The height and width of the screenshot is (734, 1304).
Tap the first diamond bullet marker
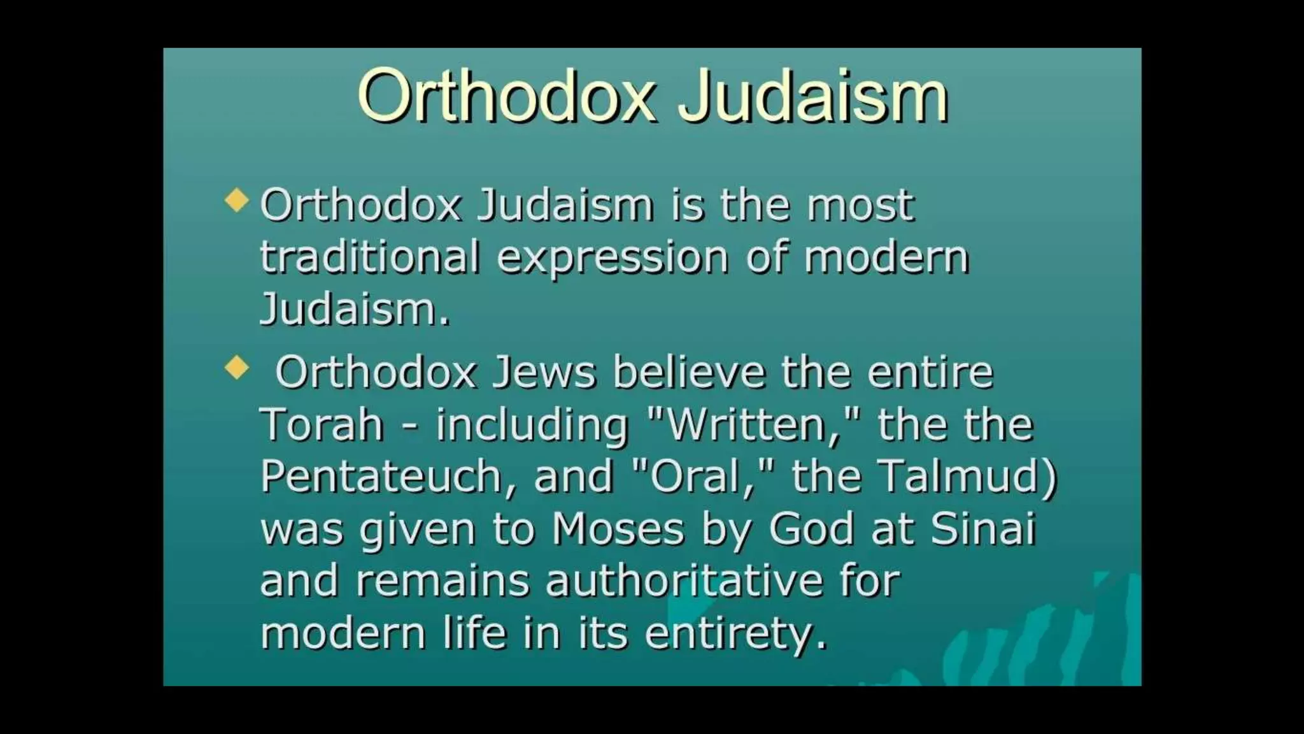[x=237, y=200]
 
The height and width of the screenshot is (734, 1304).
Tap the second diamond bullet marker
[x=237, y=367]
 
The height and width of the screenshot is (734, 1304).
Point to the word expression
[x=612, y=259]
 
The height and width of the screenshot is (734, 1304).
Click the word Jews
[x=544, y=372]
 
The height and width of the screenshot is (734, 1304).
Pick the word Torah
[x=322, y=424]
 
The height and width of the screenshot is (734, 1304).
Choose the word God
[x=811, y=529]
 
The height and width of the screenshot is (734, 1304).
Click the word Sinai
[x=983, y=529]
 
